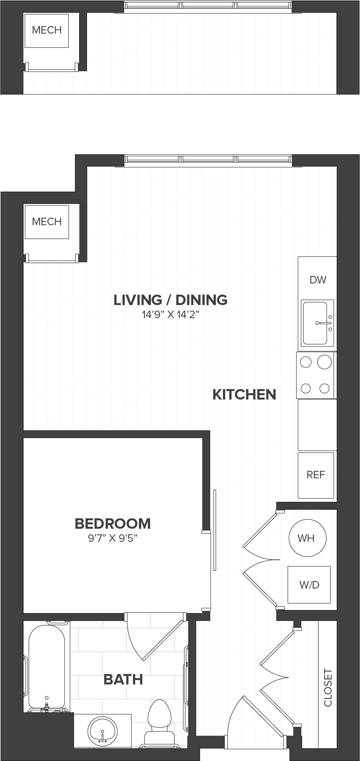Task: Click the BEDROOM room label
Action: click(113, 524)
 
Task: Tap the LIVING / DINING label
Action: click(171, 300)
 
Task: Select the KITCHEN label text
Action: click(244, 395)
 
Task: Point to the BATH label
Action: click(123, 679)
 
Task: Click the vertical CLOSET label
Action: click(328, 687)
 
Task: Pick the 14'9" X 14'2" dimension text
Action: click(171, 315)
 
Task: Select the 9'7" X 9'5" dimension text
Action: click(113, 538)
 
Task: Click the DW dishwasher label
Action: click(318, 280)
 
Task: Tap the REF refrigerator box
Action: click(316, 475)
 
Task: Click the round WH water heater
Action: click(307, 538)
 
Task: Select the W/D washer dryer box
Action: click(309, 584)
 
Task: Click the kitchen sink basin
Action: click(315, 323)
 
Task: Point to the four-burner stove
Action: click(316, 375)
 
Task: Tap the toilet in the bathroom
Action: click(159, 723)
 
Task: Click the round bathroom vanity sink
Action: click(103, 732)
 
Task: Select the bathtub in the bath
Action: click(47, 667)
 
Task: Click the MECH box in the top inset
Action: click(47, 31)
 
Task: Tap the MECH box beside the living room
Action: click(47, 222)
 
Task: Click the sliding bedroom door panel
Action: click(215, 530)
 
